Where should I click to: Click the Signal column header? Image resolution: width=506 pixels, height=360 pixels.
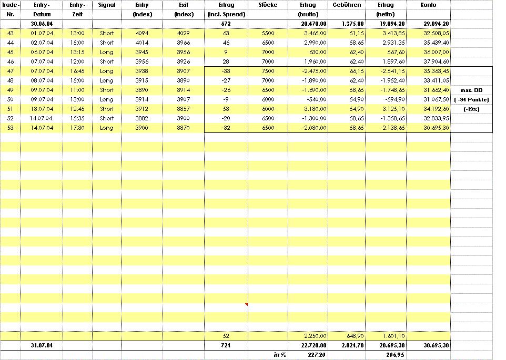107,5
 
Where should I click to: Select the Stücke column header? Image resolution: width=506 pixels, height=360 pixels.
268,5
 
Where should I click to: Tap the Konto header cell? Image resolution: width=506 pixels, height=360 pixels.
428,5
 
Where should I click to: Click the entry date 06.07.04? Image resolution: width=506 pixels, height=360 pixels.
42,52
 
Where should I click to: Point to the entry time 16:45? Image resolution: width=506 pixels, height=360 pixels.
77,71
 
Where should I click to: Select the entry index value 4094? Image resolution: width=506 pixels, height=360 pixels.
142,33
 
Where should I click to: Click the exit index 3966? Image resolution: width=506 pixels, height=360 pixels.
183,43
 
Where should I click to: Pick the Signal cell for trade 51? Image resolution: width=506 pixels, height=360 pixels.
107,109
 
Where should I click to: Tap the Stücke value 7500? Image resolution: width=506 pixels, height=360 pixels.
268,71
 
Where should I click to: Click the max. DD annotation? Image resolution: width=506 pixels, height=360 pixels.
471,90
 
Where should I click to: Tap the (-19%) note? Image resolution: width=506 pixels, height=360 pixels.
471,109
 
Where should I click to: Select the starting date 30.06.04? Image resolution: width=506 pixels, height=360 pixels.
42,24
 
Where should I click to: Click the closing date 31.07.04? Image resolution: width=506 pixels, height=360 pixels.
42,345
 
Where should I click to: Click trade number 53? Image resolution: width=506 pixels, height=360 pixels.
11,128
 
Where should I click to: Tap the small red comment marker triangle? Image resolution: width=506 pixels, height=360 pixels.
246,304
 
